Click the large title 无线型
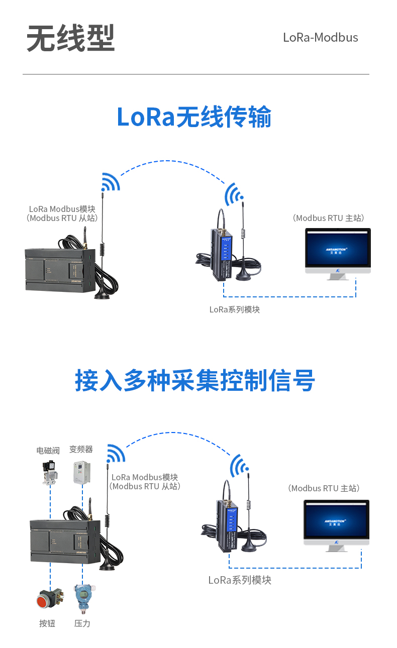coord(70,38)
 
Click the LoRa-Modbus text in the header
coord(320,38)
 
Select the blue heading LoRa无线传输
coord(194,117)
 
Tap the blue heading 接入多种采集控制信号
coord(194,380)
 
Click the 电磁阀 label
coord(48,451)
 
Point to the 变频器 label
coord(81,449)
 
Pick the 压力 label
coord(82,623)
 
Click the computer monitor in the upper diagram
coord(338,251)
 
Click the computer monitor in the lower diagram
coord(336,522)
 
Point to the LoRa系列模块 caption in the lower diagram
coord(240,580)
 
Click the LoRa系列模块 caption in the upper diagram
coord(234,309)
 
